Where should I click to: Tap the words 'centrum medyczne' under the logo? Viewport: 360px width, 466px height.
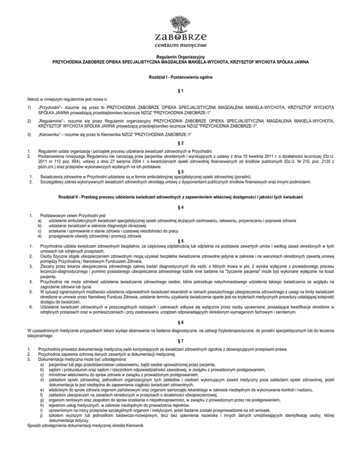point(180,45)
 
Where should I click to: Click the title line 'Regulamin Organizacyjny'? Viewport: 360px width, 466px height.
point(180,57)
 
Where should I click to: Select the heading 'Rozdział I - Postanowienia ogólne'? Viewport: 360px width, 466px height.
point(180,76)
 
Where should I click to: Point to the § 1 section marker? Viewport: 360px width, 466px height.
point(180,90)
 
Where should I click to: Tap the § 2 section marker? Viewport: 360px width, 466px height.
point(180,143)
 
